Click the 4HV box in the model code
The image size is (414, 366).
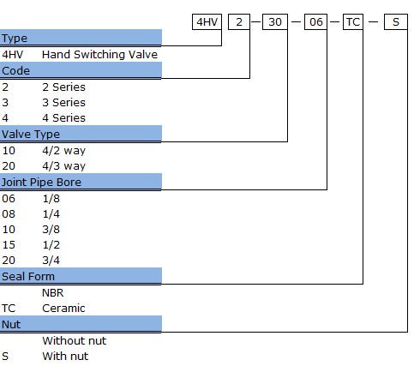(207, 21)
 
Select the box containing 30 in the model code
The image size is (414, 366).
(275, 21)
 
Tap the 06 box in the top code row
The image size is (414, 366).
(315, 21)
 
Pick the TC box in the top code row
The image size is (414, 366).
(353, 21)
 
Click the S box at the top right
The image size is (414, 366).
(396, 21)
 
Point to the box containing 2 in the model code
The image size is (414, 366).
(239, 21)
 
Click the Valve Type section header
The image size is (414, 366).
(31, 134)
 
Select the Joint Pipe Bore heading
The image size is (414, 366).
(41, 182)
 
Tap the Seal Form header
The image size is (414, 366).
(28, 276)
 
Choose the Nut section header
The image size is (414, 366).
(11, 324)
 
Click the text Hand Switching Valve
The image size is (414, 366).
(99, 54)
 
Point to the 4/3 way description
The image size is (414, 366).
(63, 165)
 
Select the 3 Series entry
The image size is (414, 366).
(63, 102)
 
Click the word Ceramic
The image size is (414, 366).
(63, 308)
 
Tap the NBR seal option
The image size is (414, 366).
(53, 292)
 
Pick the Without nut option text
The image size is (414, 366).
(75, 340)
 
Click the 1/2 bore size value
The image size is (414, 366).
(51, 244)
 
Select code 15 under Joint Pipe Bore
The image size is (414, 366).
(9, 244)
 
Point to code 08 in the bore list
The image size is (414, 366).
(9, 213)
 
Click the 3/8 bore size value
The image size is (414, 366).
(51, 229)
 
